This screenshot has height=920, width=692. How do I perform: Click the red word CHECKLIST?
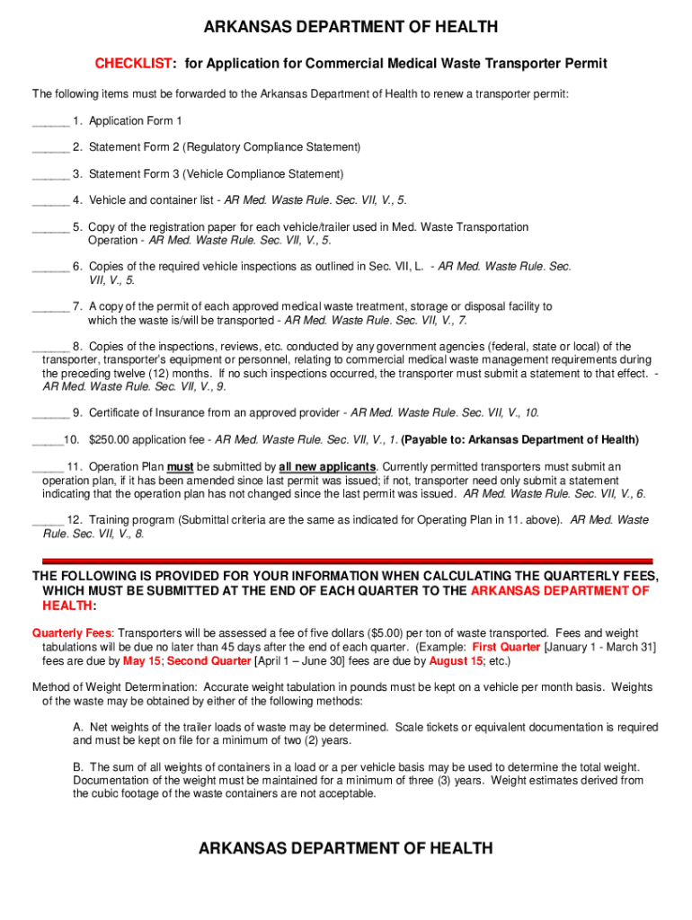point(134,64)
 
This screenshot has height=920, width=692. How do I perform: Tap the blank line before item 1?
point(50,122)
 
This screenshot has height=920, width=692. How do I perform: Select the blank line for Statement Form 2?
point(50,148)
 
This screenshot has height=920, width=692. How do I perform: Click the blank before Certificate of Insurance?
point(50,414)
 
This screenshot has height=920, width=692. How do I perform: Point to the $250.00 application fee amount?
point(111,440)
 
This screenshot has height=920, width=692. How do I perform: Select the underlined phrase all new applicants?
point(327,467)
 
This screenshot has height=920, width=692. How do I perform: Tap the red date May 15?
point(142,660)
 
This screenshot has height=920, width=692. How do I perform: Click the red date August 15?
point(455,660)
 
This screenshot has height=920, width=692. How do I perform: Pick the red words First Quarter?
point(506,647)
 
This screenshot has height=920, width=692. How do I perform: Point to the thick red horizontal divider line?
point(342,560)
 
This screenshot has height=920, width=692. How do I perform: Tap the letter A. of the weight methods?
point(78,727)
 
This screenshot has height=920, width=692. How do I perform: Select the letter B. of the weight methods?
point(78,767)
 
